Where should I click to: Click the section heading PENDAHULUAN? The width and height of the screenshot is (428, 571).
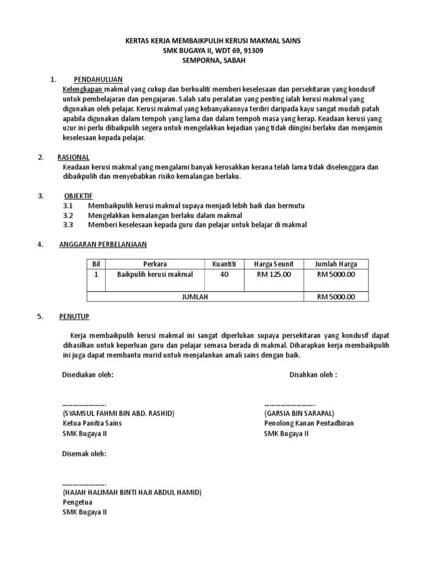click(98, 79)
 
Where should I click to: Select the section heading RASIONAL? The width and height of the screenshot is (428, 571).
click(74, 157)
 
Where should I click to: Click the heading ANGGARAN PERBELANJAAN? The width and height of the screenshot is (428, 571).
click(103, 244)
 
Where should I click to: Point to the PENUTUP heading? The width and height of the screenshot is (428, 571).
click(74, 316)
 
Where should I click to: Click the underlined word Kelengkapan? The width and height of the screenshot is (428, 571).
click(83, 89)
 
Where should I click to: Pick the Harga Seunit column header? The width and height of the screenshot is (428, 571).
click(274, 264)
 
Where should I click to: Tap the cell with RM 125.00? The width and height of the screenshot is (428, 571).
click(274, 274)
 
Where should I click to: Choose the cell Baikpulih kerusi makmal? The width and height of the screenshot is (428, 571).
click(155, 274)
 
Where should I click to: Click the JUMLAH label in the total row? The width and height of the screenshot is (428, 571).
click(195, 297)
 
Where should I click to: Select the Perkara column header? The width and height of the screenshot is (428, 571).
click(155, 264)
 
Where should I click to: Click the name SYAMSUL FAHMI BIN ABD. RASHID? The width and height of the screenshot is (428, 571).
click(118, 413)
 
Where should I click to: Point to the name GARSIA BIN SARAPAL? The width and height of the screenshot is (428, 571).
click(299, 413)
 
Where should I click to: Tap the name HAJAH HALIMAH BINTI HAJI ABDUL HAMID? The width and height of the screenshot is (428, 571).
click(132, 492)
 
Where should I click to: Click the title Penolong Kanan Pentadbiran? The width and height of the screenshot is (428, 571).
click(309, 423)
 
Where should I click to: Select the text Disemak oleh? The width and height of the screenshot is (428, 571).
click(84, 453)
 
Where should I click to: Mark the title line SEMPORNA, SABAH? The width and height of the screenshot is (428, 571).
click(213, 60)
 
